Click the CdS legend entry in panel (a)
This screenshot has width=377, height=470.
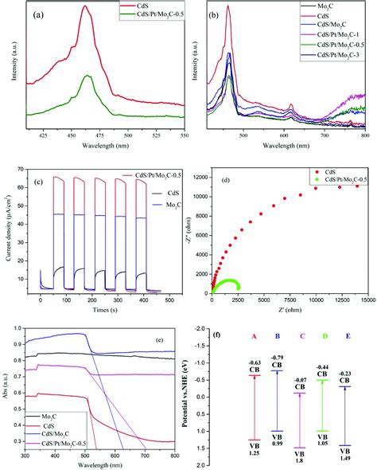click(x=144, y=6)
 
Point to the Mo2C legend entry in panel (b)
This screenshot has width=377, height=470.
click(x=325, y=6)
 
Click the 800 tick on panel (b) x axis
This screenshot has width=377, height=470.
click(x=363, y=136)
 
